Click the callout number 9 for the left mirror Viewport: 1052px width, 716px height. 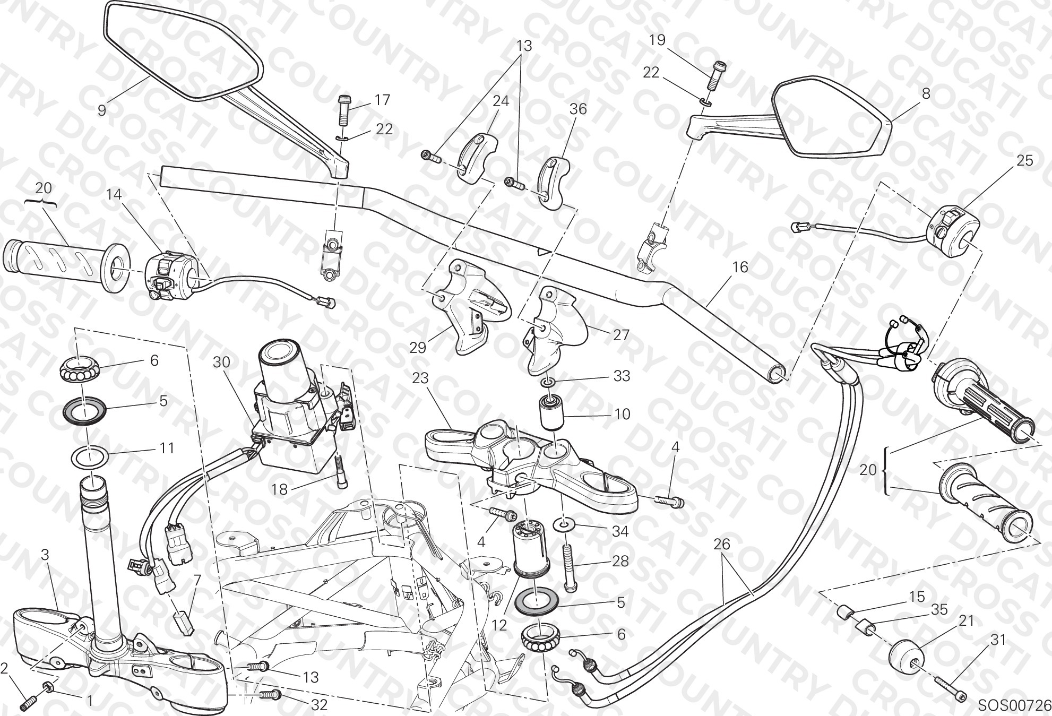click(x=102, y=110)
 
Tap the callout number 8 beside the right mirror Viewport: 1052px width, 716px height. click(x=926, y=94)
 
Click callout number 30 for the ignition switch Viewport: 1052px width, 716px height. click(x=221, y=362)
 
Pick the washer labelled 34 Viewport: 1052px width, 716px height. click(x=565, y=525)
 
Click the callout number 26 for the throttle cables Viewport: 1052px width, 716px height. click(x=722, y=544)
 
